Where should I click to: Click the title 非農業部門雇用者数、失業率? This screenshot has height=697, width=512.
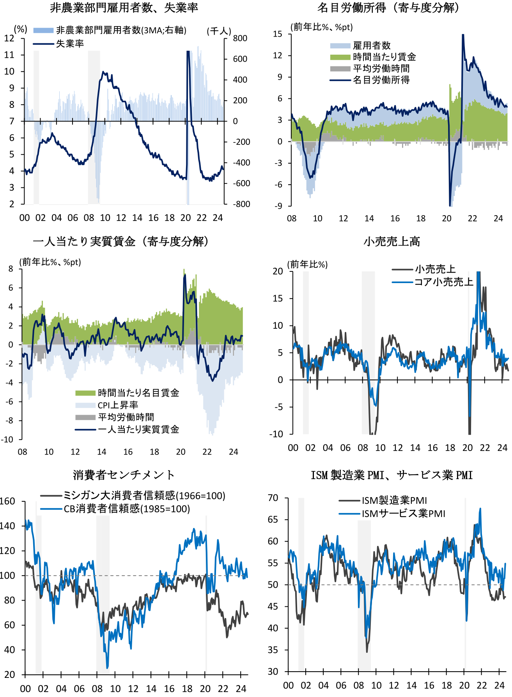(x=124, y=8)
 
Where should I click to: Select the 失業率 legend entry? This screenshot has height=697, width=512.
(x=70, y=43)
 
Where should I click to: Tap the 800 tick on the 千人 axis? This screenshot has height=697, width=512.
(x=240, y=38)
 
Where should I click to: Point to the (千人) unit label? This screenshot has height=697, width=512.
(x=219, y=31)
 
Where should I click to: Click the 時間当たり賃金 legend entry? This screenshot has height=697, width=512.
(x=384, y=57)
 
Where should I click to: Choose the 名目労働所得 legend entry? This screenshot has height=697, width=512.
(x=381, y=80)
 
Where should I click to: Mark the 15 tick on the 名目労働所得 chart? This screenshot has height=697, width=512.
(x=278, y=34)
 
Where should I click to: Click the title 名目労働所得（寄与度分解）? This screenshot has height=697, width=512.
(x=388, y=8)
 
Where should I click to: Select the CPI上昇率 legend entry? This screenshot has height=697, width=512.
(x=118, y=405)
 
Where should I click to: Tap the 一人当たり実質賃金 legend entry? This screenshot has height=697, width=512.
(x=138, y=429)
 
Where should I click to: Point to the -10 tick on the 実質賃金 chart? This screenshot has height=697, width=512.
(x=7, y=439)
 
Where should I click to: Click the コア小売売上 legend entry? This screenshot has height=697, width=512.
(x=443, y=282)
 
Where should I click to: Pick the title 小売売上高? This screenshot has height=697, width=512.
(x=392, y=242)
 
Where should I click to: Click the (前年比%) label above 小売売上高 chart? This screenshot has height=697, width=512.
(x=308, y=264)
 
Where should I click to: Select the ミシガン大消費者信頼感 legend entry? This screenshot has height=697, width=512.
(x=144, y=496)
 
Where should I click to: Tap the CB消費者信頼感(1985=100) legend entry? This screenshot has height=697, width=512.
(x=127, y=509)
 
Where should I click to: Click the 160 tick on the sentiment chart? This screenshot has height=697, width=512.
(x=7, y=501)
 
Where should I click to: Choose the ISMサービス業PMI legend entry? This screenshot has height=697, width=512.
(x=403, y=513)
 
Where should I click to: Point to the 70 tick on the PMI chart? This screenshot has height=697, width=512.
(x=273, y=498)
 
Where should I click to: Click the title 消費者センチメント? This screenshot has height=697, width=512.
(x=124, y=475)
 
